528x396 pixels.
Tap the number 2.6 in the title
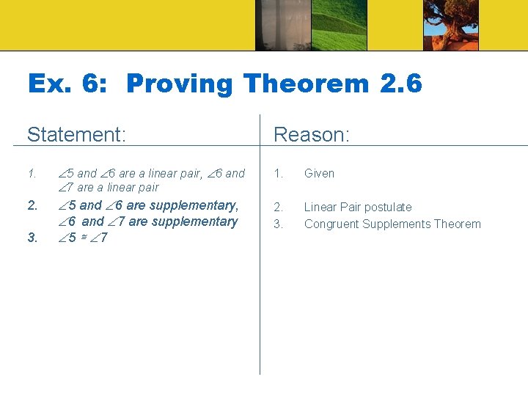click(401, 84)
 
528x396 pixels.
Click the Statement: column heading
click(76, 135)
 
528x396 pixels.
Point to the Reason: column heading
click(311, 135)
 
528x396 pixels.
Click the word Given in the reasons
click(319, 174)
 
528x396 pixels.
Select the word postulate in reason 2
click(388, 208)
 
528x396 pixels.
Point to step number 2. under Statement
click(32, 205)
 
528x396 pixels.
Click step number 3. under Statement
click(32, 238)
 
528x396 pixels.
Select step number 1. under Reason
click(278, 174)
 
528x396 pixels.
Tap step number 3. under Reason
click(278, 224)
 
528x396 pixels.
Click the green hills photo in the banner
click(339, 26)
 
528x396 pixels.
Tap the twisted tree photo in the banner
click(450, 26)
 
